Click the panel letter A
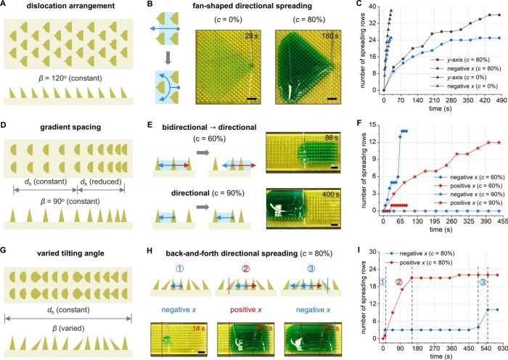pos(6,7)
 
